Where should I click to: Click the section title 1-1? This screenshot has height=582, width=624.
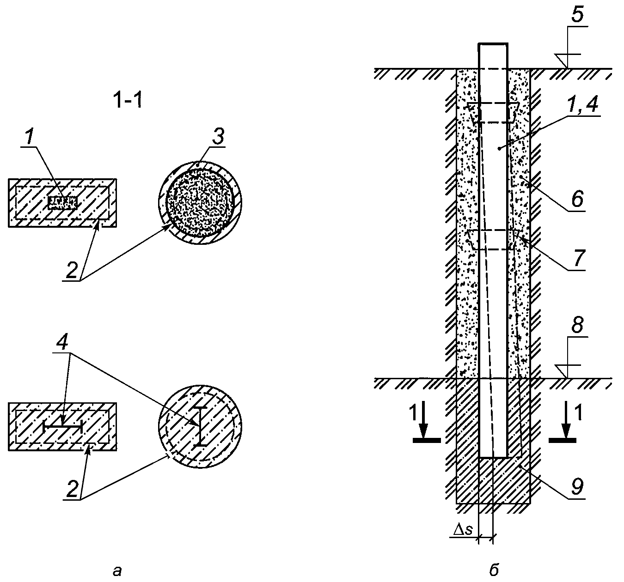[x=129, y=101]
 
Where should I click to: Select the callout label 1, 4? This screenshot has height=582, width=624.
[x=583, y=104]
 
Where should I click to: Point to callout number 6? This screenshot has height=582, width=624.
[x=577, y=199]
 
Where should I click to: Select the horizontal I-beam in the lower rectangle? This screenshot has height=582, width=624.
[x=62, y=427]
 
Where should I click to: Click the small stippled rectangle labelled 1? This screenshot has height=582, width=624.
[x=62, y=203]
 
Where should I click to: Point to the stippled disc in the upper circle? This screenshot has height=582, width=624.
[x=200, y=203]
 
